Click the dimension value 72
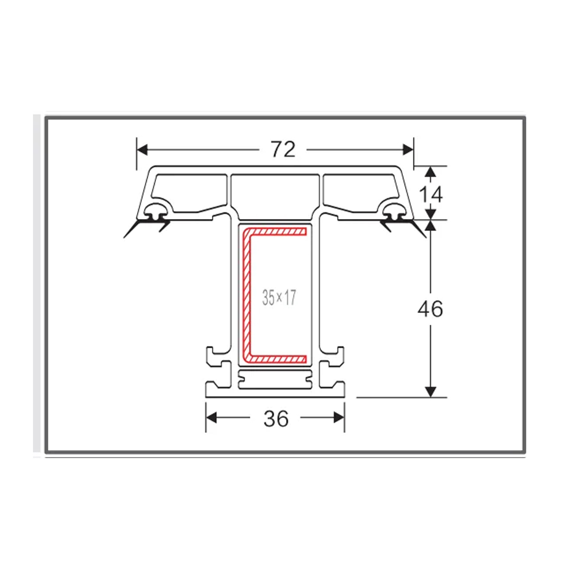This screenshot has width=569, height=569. tap(283, 149)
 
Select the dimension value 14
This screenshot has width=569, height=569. tap(431, 194)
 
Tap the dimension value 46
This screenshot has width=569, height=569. tap(430, 309)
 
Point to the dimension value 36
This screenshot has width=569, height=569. tap(276, 419)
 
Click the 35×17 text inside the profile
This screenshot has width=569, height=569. tap(279, 298)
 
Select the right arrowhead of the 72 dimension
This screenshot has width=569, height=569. tap(408, 149)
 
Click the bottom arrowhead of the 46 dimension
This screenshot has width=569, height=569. tap(431, 391)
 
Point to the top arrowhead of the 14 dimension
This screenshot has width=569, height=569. tap(431, 171)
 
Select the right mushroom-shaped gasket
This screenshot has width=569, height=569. tap(394, 213)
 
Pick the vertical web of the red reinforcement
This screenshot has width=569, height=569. tap(248, 296)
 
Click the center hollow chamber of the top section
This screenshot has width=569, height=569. tap(275, 193)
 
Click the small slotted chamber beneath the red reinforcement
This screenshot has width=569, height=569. tap(275, 379)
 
